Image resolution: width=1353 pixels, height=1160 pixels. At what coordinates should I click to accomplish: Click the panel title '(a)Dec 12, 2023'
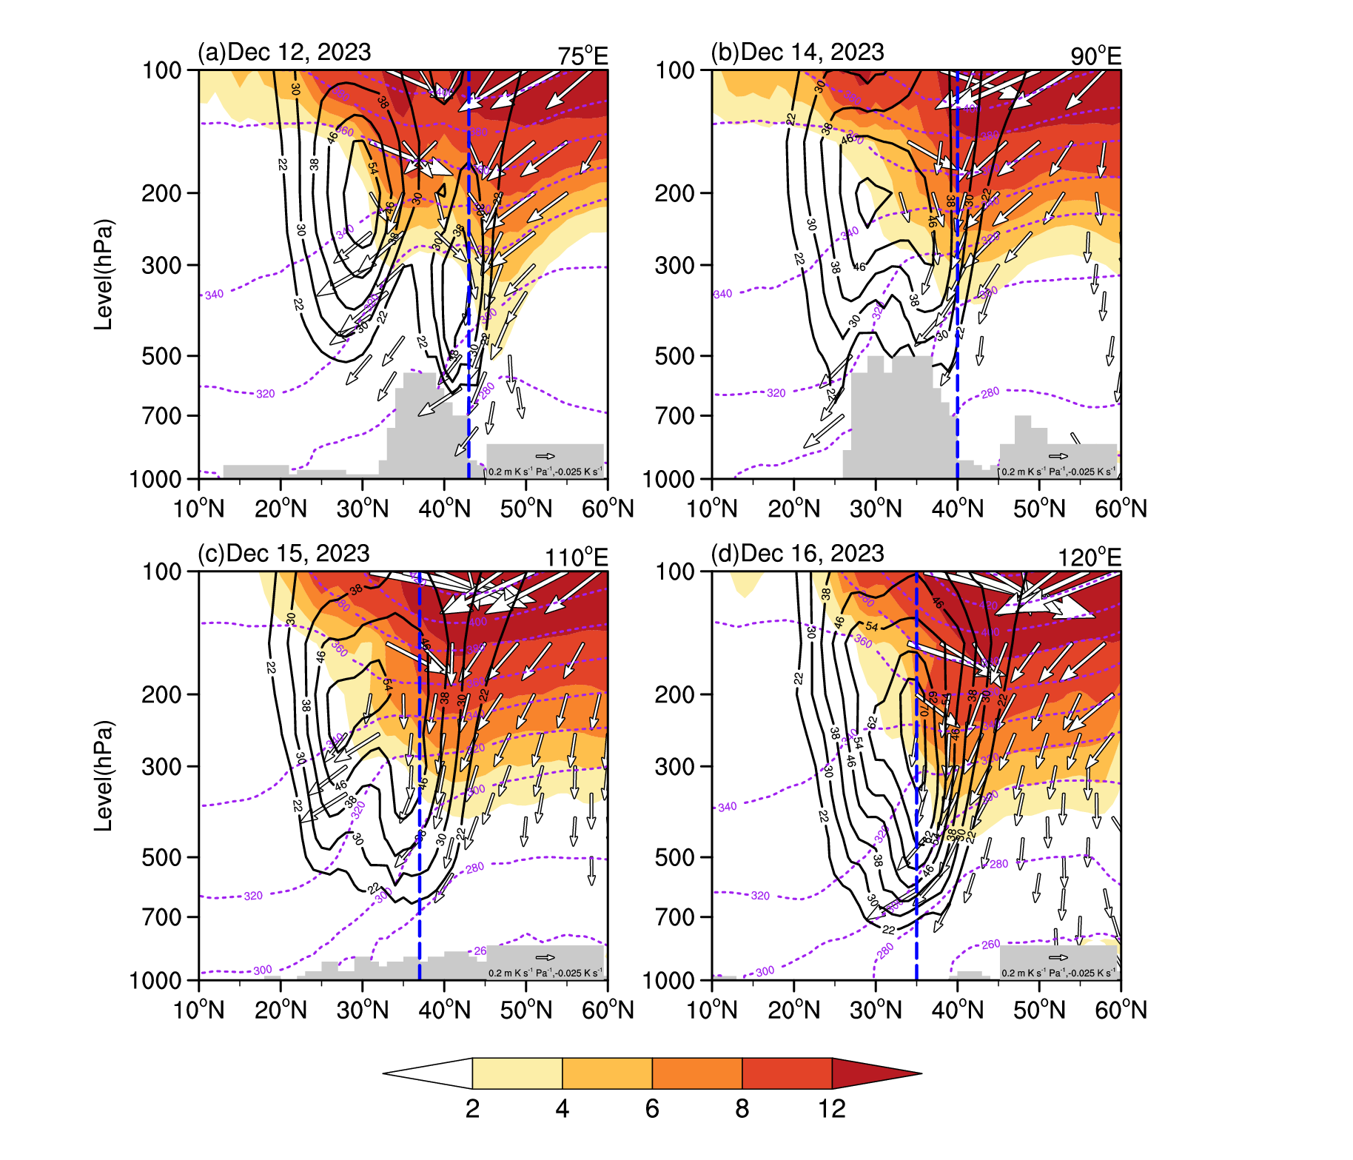click(x=284, y=53)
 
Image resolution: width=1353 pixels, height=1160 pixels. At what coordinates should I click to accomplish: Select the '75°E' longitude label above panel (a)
click(x=583, y=56)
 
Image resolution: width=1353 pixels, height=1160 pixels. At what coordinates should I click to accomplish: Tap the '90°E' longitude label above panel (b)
click(x=1095, y=56)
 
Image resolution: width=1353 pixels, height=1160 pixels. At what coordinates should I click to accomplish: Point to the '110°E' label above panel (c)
click(x=576, y=557)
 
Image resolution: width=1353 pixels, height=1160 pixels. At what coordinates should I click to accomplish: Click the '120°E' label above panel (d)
click(x=1089, y=557)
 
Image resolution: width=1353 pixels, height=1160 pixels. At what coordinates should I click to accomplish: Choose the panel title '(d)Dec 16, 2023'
click(x=797, y=554)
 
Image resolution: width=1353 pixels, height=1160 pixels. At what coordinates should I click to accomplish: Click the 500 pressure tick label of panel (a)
click(x=161, y=356)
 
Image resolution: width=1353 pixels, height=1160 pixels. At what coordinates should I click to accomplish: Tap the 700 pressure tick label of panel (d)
click(x=674, y=917)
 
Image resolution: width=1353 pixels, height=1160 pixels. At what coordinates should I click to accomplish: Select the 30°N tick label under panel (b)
click(x=877, y=509)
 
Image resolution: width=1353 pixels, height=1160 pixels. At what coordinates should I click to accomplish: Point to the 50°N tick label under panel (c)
click(x=526, y=1010)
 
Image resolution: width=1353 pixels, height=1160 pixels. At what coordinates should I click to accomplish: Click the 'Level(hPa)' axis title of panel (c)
click(x=104, y=775)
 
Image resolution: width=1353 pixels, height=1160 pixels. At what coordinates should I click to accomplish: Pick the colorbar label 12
click(x=832, y=1109)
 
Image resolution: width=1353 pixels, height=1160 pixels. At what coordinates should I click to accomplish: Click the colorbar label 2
click(x=472, y=1109)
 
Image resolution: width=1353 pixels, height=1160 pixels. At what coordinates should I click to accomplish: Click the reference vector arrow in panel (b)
click(x=1058, y=456)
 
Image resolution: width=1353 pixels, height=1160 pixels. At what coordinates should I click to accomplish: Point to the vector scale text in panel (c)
click(x=545, y=973)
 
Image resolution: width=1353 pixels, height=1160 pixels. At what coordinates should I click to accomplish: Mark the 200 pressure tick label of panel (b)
click(x=674, y=193)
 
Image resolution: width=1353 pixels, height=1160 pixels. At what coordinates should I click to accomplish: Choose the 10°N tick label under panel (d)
click(x=713, y=1010)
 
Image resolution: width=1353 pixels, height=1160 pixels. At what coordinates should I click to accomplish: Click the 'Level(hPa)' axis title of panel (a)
click(x=104, y=274)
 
